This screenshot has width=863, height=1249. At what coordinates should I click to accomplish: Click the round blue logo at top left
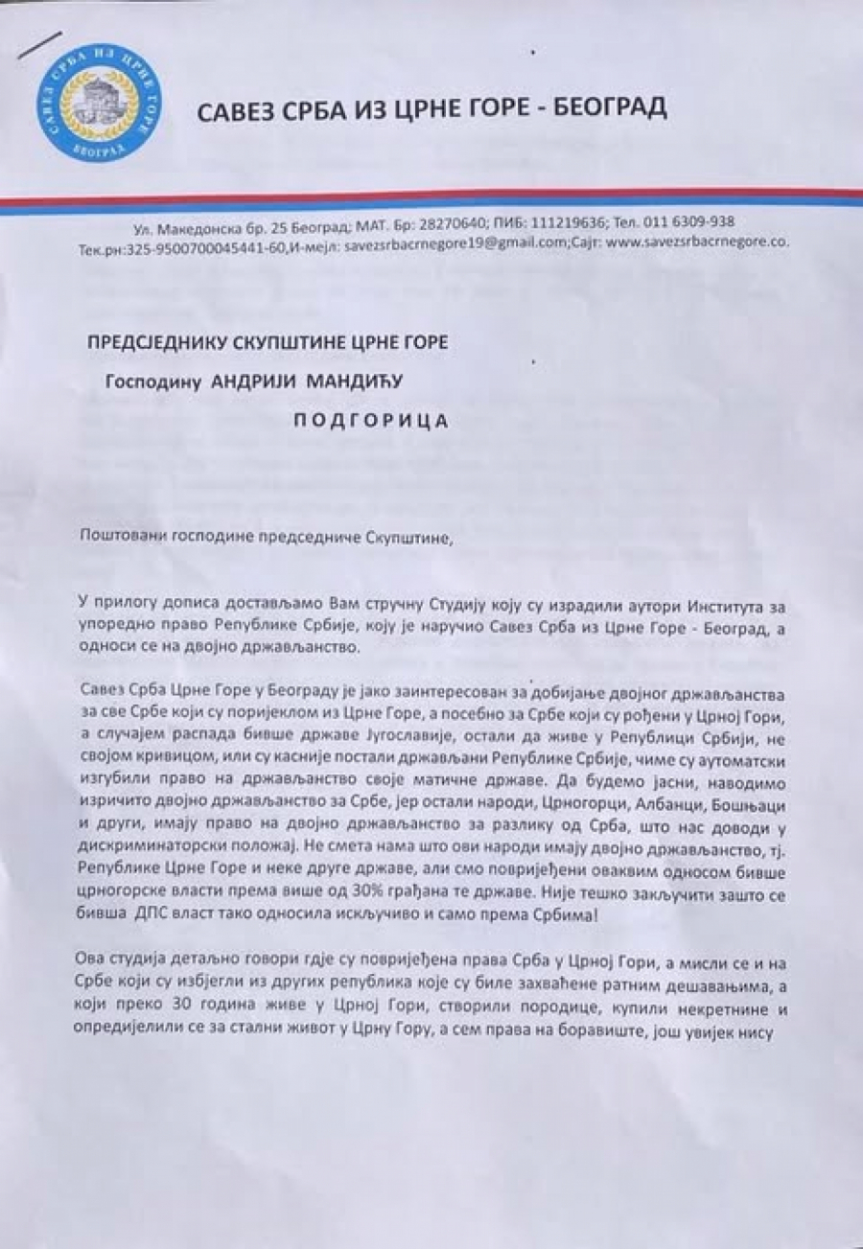coord(98,100)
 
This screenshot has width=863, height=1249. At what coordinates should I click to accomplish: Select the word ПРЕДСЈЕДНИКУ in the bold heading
coord(175,341)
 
